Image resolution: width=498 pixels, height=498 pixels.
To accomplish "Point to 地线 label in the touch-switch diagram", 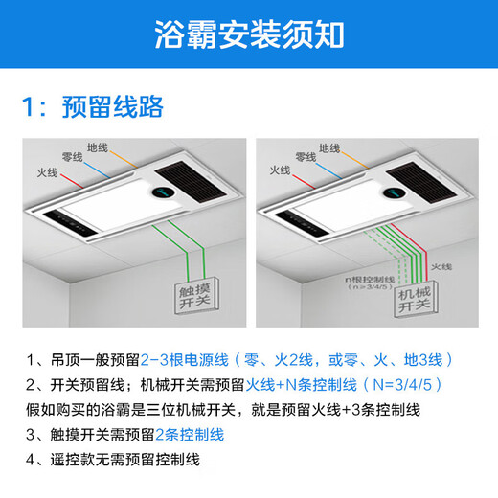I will (x=98, y=148).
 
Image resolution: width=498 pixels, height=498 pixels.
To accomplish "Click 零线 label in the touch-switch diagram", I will (x=73, y=157).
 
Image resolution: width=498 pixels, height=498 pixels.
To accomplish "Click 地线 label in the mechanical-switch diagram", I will (x=329, y=148).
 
